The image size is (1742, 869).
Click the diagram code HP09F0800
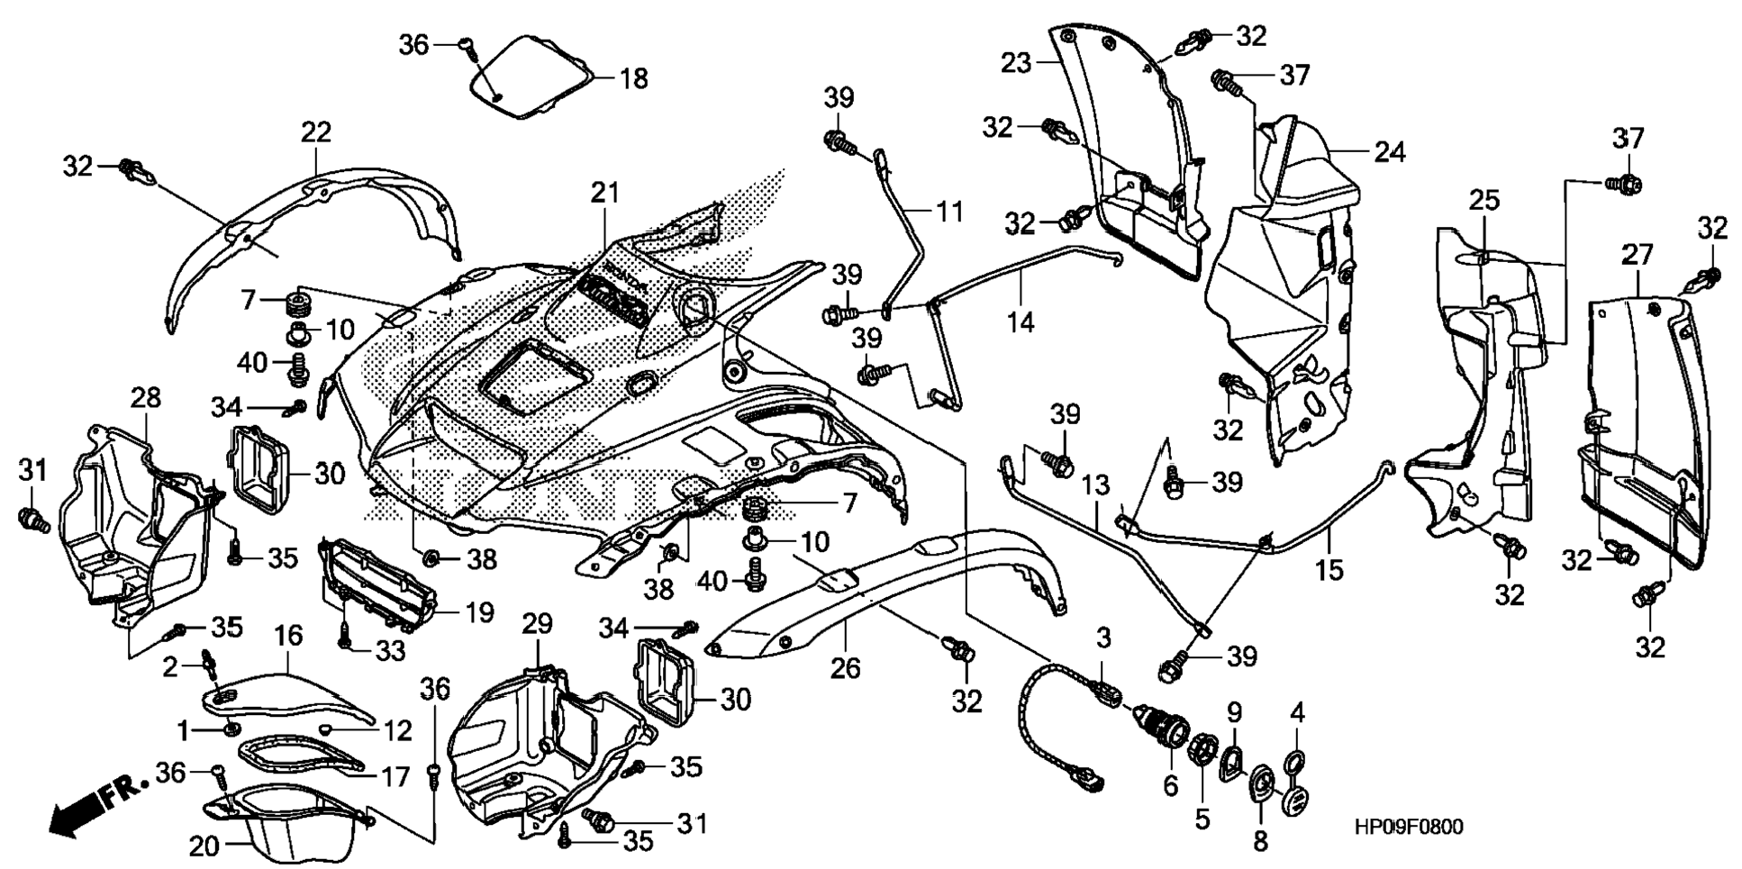coord(1410,827)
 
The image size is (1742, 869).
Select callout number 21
coord(605,193)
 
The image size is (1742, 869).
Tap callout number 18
coord(633,78)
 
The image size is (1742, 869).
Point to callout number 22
coord(315,132)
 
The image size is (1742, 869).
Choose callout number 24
coord(1389,151)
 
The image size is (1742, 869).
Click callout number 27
coord(1637,255)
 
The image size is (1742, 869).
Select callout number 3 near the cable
coord(1103,638)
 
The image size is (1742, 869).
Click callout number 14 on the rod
coord(1021,321)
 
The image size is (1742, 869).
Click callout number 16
coord(288,638)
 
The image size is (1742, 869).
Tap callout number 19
coord(479,613)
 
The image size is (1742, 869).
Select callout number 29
coord(537,623)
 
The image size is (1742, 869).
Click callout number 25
coord(1484,200)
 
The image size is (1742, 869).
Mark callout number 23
coord(1016,63)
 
